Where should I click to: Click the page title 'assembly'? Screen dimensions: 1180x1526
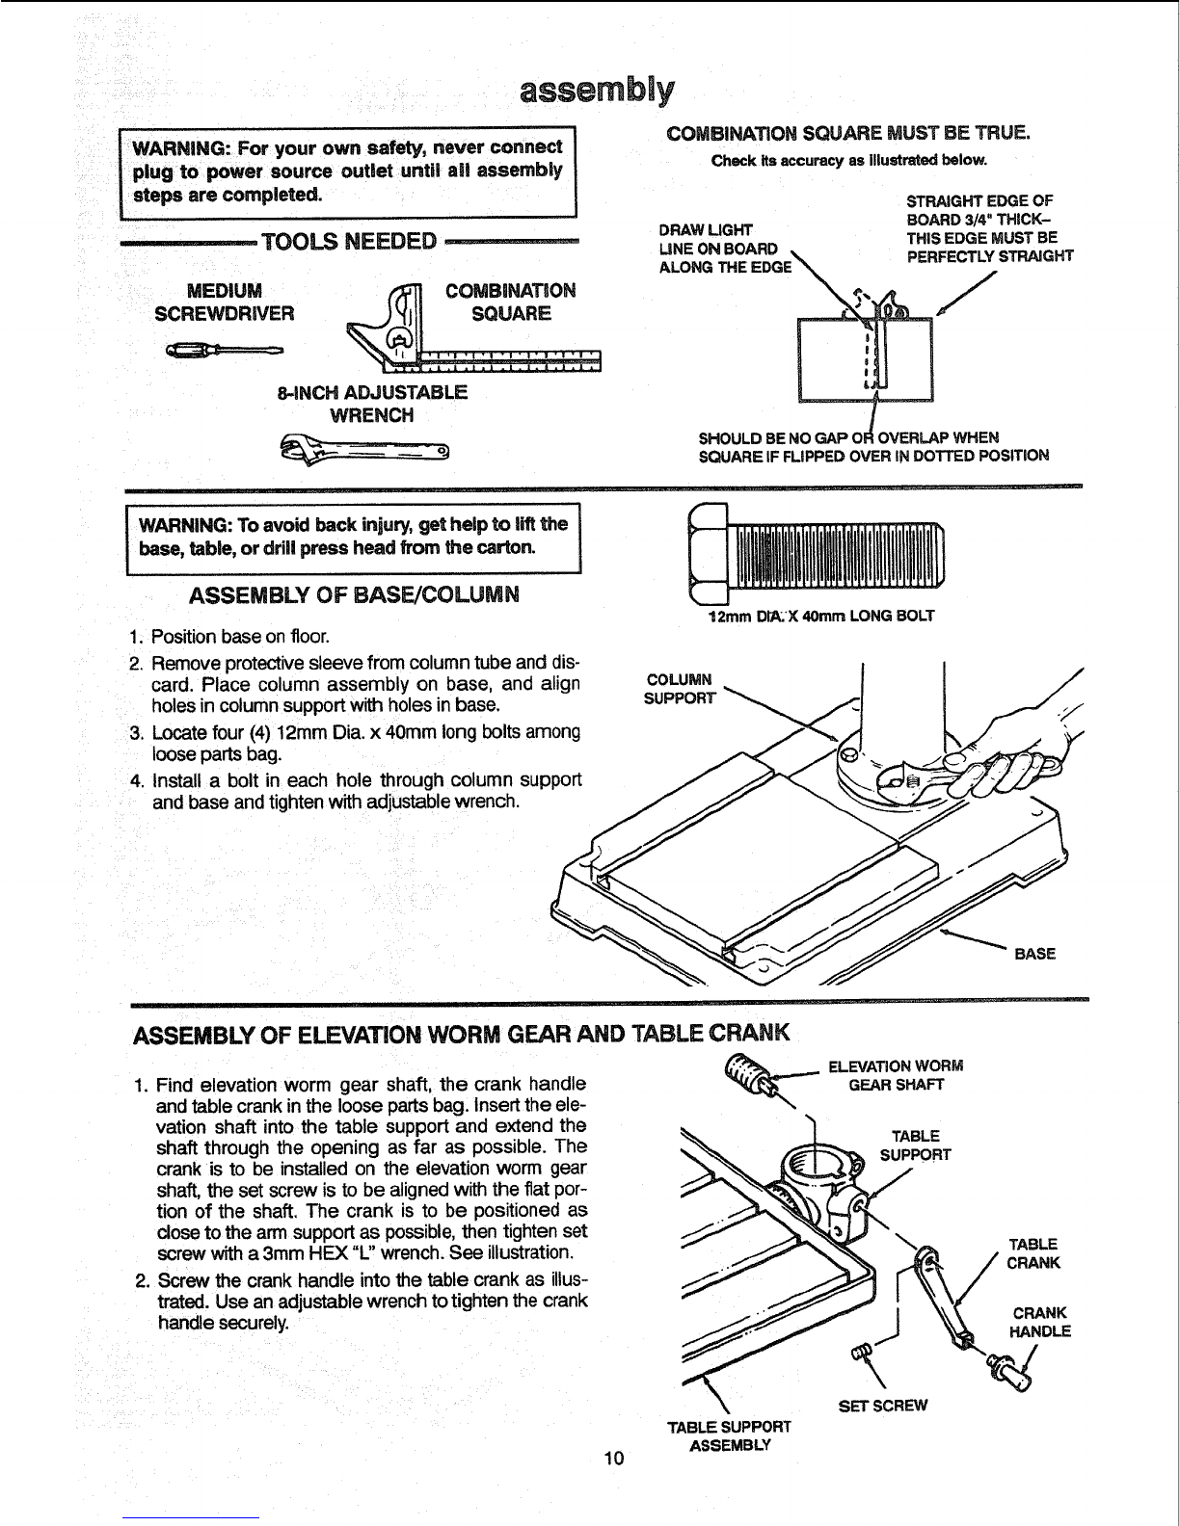click(x=597, y=91)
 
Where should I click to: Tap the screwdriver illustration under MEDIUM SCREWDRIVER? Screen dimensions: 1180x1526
click(x=225, y=350)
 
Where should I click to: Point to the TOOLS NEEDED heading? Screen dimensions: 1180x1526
click(x=349, y=242)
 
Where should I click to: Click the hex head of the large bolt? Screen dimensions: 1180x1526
click(x=708, y=554)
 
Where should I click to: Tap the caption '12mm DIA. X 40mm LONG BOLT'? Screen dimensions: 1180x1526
click(x=820, y=616)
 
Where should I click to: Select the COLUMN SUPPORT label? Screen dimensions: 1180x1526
click(x=680, y=689)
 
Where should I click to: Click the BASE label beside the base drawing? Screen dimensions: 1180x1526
click(x=1034, y=954)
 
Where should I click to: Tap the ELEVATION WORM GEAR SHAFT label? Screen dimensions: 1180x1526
click(x=896, y=1075)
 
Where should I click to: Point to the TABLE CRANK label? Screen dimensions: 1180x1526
click(x=1032, y=1253)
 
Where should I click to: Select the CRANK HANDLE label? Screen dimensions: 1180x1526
click(x=1040, y=1322)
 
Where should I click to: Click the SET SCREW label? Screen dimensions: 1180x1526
click(x=883, y=1406)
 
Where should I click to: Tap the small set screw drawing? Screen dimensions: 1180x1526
click(x=860, y=1350)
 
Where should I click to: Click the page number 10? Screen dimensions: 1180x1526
click(x=613, y=1459)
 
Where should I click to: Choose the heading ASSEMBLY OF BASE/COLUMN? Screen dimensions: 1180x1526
click(x=354, y=595)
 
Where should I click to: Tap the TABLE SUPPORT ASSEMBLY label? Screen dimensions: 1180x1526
click(x=730, y=1436)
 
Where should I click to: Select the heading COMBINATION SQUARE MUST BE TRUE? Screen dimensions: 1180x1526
click(x=848, y=133)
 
